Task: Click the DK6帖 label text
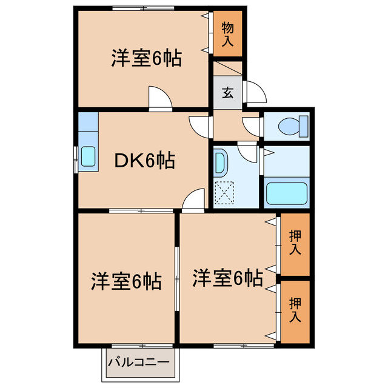coord(145,161)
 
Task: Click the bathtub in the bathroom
coord(287,193)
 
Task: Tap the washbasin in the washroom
coord(219,162)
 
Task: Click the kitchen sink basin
coord(88,156)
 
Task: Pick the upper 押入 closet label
coord(295,242)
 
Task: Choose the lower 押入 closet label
coord(295,309)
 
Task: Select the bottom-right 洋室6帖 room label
coord(228,278)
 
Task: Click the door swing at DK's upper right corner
coord(199,126)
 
